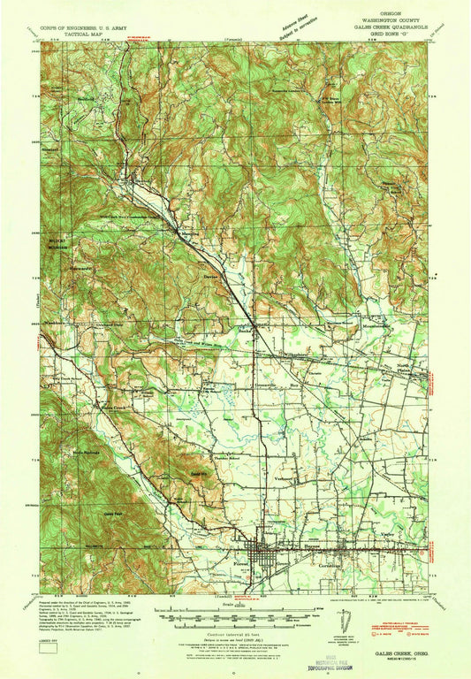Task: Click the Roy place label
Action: pos(295,386)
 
